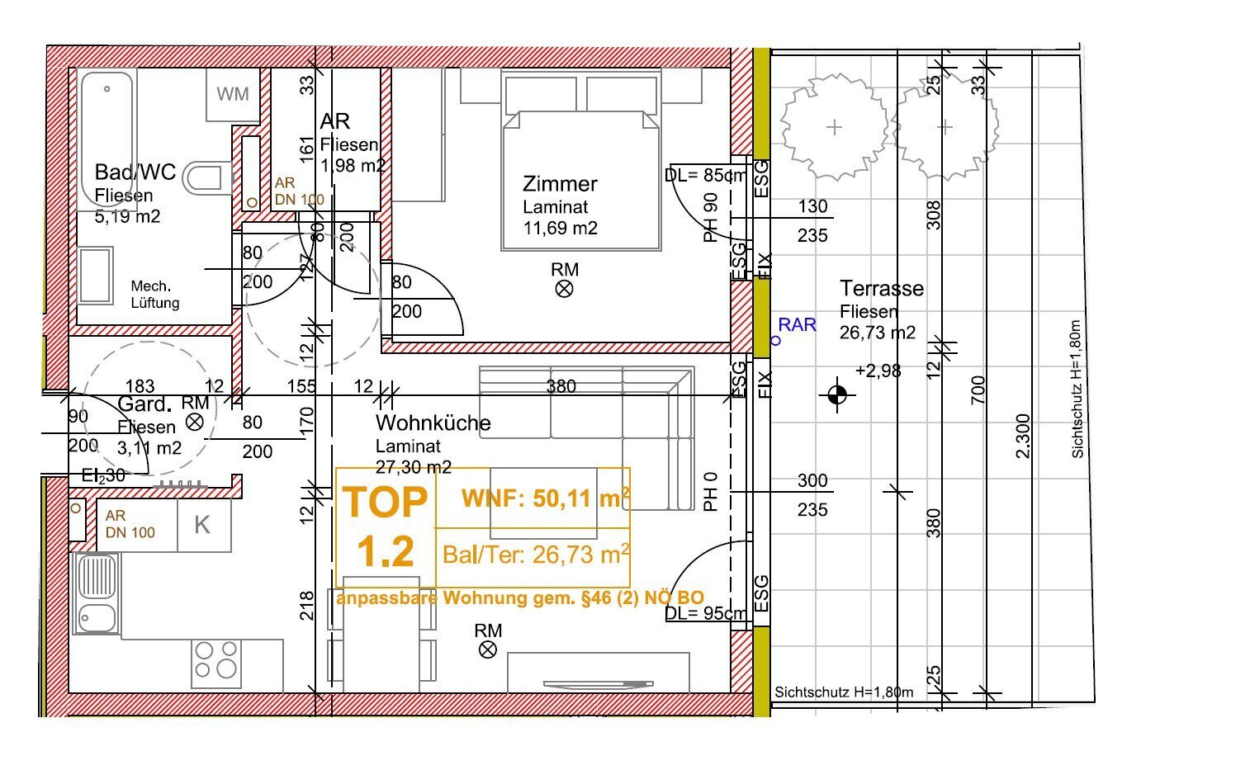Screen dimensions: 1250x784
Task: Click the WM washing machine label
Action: pos(233,94)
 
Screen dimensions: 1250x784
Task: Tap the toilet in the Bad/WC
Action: pos(207,178)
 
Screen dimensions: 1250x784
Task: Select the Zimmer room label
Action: pos(560,183)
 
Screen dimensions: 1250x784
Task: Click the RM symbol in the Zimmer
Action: pos(564,289)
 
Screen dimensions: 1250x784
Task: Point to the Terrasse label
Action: pos(882,288)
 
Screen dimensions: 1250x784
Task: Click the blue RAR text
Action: pos(797,324)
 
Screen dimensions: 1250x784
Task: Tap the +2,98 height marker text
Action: pos(878,371)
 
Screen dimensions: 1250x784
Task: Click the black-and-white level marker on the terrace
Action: pos(837,394)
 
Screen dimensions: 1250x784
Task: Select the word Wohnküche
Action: pos(433,423)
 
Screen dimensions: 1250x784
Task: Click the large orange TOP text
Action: pos(385,503)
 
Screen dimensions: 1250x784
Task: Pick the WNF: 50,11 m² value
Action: pos(546,498)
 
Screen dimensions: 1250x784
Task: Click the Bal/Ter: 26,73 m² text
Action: pos(537,555)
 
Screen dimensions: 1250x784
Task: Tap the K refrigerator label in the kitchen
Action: pos(202,525)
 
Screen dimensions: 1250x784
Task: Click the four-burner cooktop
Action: pos(216,664)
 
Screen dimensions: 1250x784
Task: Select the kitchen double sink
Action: pos(97,593)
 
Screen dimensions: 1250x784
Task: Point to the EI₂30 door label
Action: pos(103,475)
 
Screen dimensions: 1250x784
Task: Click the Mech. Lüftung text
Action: pos(155,295)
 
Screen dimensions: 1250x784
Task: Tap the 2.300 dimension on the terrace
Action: pos(1022,436)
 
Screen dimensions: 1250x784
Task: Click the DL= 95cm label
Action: pos(705,613)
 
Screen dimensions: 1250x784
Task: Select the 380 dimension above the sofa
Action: pos(561,386)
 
